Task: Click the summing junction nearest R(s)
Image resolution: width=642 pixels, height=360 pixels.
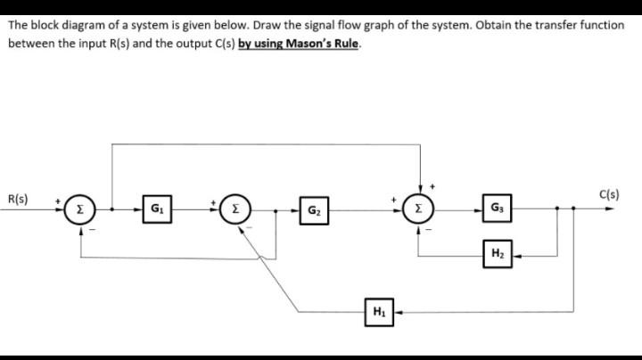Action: point(82,211)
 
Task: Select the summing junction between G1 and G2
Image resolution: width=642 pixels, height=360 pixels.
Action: point(235,211)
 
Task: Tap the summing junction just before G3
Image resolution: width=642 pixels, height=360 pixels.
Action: point(419,211)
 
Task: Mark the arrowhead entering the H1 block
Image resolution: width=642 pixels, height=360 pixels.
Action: point(395,312)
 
